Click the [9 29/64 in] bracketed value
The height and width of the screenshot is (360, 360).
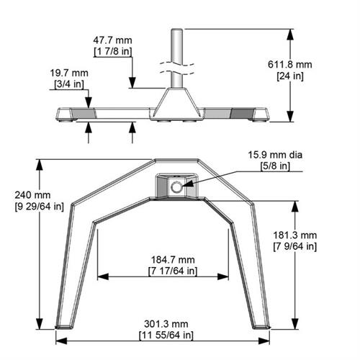coord(32,206)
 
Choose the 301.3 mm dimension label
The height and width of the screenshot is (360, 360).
coord(166,324)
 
